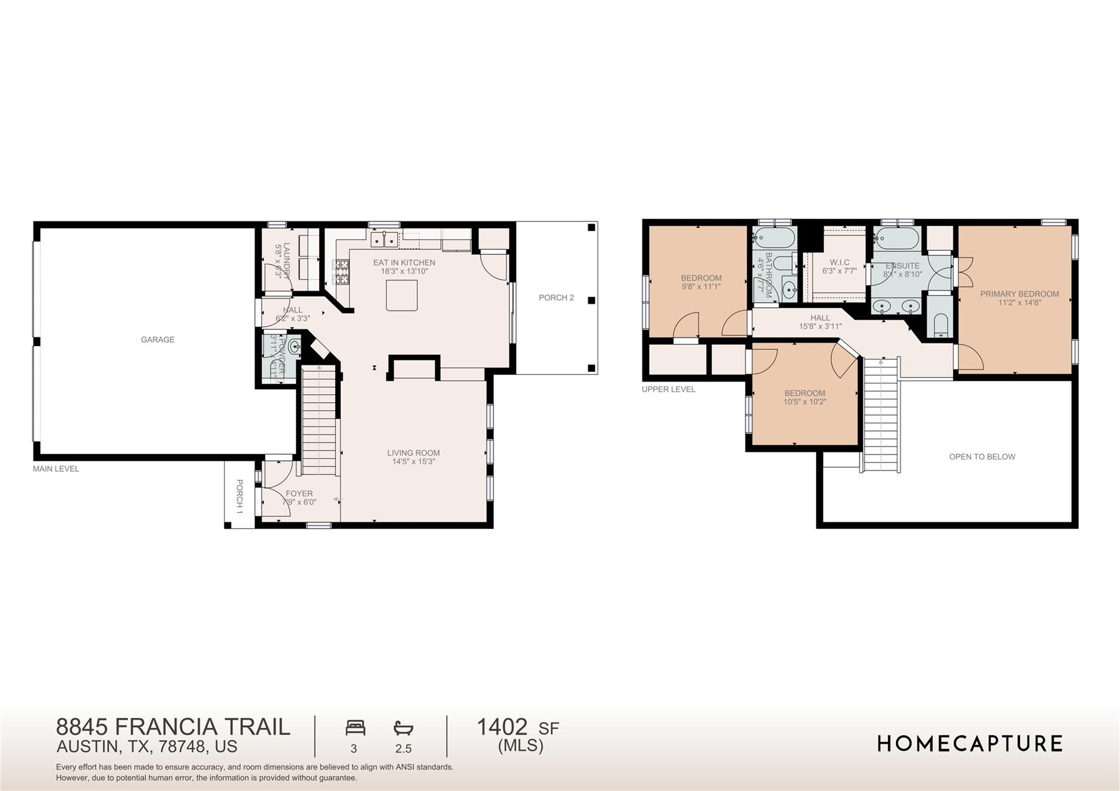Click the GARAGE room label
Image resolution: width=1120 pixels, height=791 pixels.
pyautogui.click(x=157, y=339)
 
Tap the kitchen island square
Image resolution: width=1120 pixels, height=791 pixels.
pyautogui.click(x=401, y=295)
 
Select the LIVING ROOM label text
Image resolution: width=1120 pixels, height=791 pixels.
pyautogui.click(x=413, y=453)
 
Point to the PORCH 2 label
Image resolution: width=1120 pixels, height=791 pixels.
pyautogui.click(x=556, y=298)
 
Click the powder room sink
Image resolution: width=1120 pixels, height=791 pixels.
pyautogui.click(x=295, y=347)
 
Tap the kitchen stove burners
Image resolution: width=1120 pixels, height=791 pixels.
pyautogui.click(x=340, y=272)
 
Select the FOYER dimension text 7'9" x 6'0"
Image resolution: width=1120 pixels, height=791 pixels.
pyautogui.click(x=299, y=502)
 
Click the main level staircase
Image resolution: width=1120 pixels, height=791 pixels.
pyautogui.click(x=319, y=421)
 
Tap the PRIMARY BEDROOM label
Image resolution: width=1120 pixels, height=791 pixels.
pyautogui.click(x=1019, y=294)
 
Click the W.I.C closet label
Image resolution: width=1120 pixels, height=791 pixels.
pyautogui.click(x=839, y=262)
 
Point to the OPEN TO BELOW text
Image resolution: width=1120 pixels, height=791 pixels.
pyautogui.click(x=982, y=457)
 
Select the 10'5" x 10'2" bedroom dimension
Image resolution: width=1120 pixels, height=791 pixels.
pyautogui.click(x=804, y=402)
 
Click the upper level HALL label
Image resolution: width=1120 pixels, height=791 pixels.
pyautogui.click(x=820, y=318)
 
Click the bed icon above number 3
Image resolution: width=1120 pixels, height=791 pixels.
pyautogui.click(x=355, y=728)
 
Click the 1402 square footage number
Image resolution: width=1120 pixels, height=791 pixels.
pyautogui.click(x=502, y=727)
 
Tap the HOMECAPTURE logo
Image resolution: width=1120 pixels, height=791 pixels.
pyautogui.click(x=970, y=743)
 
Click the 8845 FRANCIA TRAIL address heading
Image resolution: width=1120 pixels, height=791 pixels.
pyautogui.click(x=173, y=727)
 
